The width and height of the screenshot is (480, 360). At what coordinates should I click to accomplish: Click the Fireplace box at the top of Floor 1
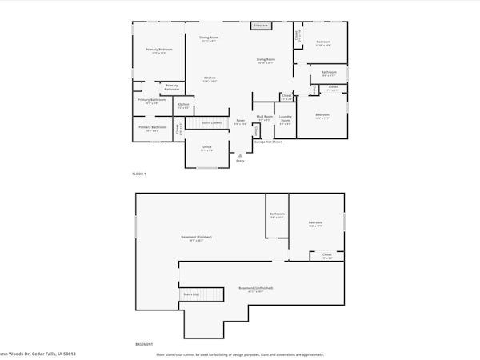point(261,26)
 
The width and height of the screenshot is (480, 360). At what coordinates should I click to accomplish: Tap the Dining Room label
point(209,38)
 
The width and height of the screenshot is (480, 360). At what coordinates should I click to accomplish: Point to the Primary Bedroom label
point(159,50)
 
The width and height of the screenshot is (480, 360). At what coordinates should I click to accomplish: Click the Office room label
point(206,148)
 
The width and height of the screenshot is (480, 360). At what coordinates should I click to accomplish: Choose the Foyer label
point(239,122)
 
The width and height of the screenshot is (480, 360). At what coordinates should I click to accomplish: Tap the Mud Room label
point(264,118)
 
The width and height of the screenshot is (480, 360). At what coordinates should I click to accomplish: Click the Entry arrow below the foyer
point(239,154)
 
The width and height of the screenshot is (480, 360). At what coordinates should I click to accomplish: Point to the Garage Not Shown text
point(268,142)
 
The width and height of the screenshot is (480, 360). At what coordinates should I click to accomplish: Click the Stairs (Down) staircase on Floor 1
point(210,122)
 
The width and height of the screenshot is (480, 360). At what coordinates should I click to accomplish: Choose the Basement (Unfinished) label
point(256,289)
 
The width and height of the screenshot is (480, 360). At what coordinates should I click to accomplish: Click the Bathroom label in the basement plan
point(277,214)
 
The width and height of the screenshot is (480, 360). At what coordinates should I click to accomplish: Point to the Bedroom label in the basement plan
point(315,223)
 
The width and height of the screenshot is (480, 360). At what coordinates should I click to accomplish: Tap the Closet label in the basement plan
point(326,256)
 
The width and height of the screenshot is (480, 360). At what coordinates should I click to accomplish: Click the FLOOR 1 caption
point(139,174)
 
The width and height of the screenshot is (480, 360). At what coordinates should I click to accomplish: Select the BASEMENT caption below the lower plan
point(144,345)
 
